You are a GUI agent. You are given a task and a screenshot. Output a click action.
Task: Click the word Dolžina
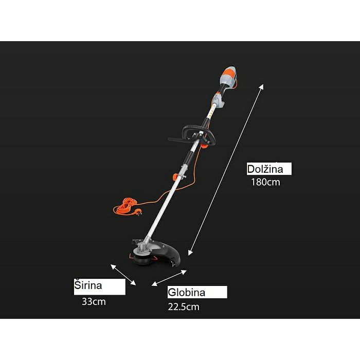click(265, 169)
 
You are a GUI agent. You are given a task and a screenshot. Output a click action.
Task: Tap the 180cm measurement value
click(266, 182)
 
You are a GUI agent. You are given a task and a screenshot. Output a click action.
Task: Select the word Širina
click(88, 285)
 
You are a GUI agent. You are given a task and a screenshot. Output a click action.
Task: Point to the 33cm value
click(94, 302)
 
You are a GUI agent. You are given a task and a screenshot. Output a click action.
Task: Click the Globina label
click(186, 292)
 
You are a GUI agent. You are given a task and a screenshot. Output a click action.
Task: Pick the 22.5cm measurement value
click(184, 307)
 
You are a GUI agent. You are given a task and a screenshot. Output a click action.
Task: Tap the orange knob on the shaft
click(176, 177)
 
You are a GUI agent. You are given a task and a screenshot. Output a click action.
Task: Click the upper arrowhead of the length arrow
click(262, 86)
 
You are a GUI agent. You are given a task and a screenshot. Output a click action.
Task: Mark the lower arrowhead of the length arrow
click(190, 253)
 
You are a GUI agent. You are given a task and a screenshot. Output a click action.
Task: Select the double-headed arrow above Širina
click(123, 275)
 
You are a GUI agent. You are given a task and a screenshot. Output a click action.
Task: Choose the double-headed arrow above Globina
click(169, 278)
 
